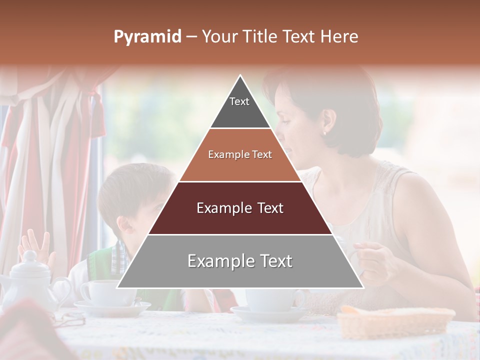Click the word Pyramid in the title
(147, 37)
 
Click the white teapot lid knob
(30, 256)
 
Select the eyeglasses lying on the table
(70, 318)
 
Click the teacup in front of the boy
(102, 292)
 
